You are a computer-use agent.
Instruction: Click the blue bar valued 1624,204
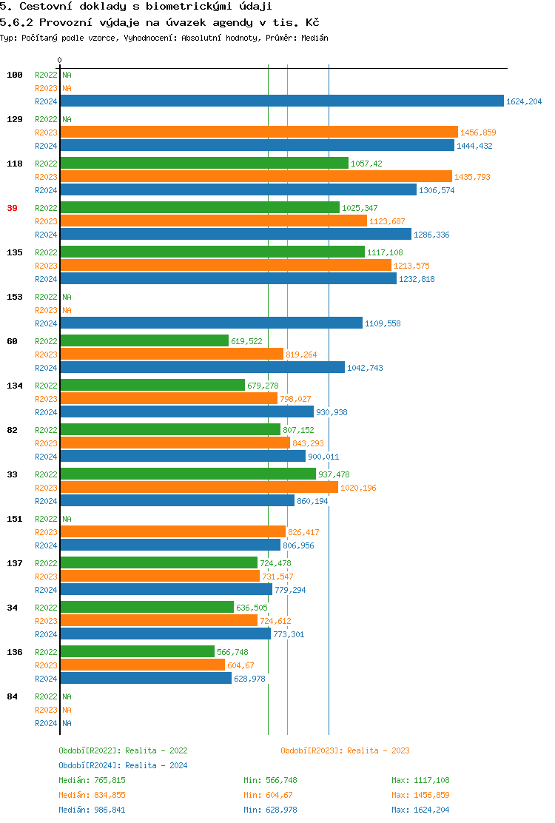click(x=281, y=101)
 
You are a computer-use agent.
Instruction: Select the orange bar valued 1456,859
click(x=259, y=132)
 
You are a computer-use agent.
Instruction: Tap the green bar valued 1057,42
click(x=204, y=164)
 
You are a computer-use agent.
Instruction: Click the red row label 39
click(x=12, y=208)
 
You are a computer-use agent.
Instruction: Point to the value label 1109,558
click(x=383, y=323)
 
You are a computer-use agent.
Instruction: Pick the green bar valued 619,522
click(x=144, y=341)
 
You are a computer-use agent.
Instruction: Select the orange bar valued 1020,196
click(x=199, y=488)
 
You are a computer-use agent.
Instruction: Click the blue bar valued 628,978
click(x=146, y=679)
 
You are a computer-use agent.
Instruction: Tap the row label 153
click(x=15, y=297)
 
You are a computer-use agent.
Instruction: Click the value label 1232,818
click(x=417, y=279)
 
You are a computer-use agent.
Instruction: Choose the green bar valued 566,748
click(x=137, y=652)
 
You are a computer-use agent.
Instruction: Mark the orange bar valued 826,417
click(x=172, y=532)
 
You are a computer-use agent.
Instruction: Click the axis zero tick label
click(x=60, y=60)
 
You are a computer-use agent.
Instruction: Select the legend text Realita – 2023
click(x=378, y=750)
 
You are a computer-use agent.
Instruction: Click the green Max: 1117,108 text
click(x=420, y=780)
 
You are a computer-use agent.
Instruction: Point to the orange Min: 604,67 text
click(x=270, y=795)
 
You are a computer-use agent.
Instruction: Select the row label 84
click(x=12, y=696)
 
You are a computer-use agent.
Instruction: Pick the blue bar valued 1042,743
click(x=202, y=368)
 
